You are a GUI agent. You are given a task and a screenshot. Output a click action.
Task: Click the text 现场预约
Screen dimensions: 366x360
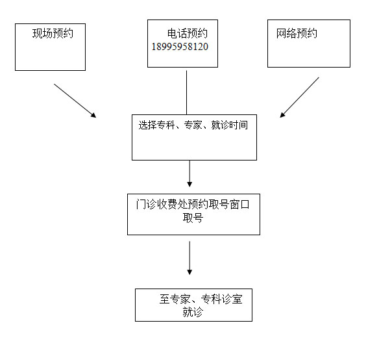pos(53,33)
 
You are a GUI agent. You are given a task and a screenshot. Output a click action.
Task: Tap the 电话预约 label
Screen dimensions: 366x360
pos(188,33)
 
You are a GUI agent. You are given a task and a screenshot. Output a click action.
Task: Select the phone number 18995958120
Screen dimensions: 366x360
pos(180,47)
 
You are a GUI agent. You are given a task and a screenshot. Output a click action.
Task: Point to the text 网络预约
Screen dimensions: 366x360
pos(297,33)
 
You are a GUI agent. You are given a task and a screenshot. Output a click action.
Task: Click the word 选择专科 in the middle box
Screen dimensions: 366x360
pos(156,125)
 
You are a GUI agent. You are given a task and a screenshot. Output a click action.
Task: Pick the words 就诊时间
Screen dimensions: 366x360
pos(230,125)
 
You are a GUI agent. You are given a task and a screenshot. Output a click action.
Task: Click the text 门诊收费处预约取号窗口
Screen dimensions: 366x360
pos(193,205)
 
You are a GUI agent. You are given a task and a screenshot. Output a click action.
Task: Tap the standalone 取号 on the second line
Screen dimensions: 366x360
pos(193,218)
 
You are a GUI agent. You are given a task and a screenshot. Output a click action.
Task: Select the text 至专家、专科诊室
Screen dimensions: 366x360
pos(201,299)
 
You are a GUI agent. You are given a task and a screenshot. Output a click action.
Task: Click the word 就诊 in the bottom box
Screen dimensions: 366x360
pos(193,312)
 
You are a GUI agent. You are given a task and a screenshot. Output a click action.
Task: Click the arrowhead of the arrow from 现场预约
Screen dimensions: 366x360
pos(94,115)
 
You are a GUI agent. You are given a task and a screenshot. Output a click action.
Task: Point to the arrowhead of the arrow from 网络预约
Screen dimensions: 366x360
pos(282,115)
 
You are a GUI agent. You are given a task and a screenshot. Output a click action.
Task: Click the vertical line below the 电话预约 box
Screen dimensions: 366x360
pos(186,92)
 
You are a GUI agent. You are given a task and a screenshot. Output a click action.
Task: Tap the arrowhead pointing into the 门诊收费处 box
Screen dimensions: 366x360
pos(189,184)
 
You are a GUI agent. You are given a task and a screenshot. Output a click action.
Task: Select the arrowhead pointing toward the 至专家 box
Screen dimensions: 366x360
pos(189,272)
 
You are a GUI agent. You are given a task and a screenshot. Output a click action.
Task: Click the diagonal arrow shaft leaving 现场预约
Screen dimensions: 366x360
pos(75,101)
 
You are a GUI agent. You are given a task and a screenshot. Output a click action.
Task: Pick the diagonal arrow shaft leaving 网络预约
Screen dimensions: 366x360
pos(299,97)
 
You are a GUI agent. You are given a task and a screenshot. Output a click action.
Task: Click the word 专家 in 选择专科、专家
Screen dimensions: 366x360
pos(193,125)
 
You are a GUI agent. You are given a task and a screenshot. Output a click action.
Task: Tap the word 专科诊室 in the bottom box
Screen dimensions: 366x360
pos(222,299)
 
